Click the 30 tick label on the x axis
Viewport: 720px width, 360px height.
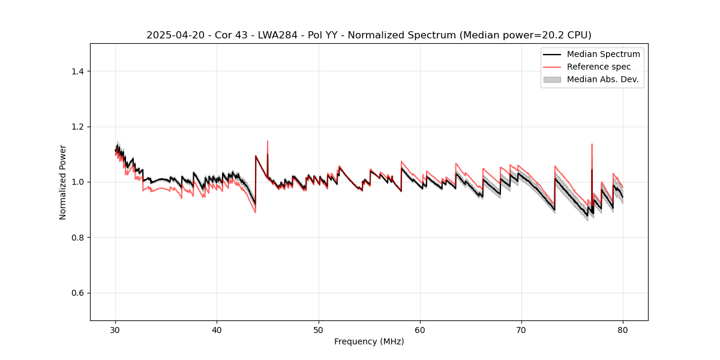tap(116, 329)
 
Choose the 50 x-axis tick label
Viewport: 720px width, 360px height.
tap(319, 329)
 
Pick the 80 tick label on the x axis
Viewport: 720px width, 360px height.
tap(623, 329)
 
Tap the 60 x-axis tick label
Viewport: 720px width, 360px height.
tap(420, 329)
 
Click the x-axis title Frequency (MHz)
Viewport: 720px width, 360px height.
tap(369, 341)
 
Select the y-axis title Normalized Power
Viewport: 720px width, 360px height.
tap(63, 182)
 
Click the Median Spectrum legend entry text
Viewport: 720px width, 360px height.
tap(603, 55)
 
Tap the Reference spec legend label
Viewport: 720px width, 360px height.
tap(599, 67)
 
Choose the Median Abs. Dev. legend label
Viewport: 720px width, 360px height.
tap(602, 79)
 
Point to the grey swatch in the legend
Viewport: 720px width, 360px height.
tap(552, 79)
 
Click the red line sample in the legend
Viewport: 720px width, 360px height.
tap(552, 67)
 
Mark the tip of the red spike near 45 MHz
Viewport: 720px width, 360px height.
tap(268, 141)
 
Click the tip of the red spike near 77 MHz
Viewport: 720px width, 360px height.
tap(592, 144)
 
